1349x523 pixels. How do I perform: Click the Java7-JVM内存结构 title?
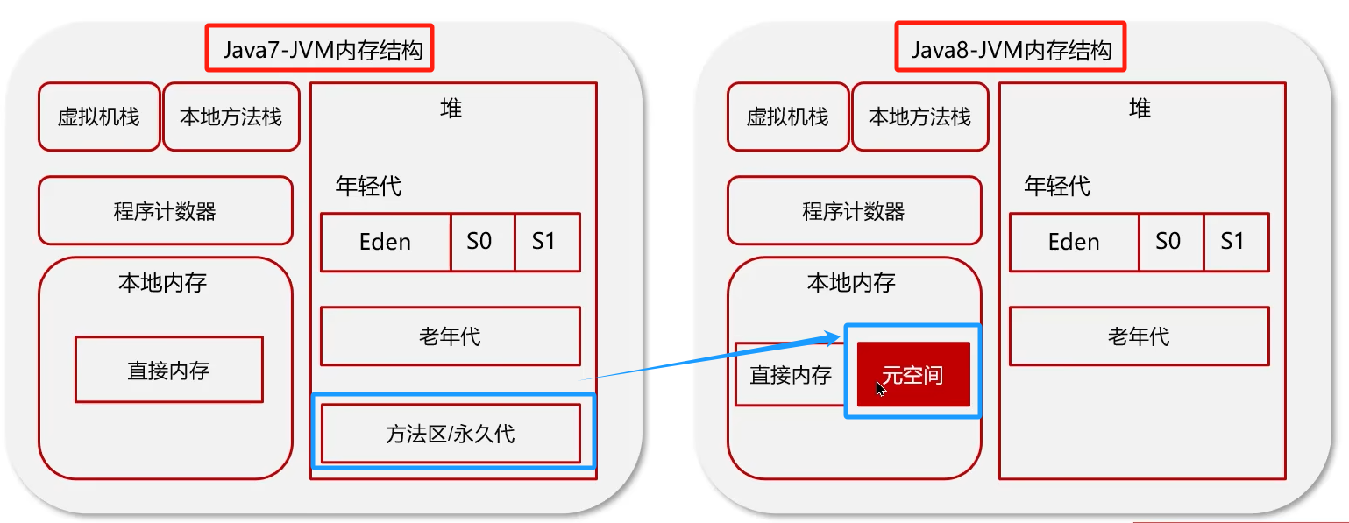click(x=321, y=49)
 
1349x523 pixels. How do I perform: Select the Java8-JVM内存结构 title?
click(x=1010, y=49)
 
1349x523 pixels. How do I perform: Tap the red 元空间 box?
click(x=913, y=375)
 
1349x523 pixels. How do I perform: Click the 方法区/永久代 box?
click(x=451, y=433)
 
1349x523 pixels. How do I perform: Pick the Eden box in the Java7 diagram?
click(x=386, y=242)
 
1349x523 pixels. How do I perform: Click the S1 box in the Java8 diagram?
click(x=1234, y=242)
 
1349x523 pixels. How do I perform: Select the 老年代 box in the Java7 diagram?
click(x=451, y=336)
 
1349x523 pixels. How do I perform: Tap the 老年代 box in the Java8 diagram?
click(x=1139, y=336)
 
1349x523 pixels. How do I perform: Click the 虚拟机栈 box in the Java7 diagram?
click(x=99, y=117)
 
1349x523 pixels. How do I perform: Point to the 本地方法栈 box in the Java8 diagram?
click(x=919, y=117)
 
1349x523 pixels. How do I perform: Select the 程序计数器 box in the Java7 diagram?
click(x=165, y=211)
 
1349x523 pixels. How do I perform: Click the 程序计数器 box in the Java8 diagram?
click(x=854, y=211)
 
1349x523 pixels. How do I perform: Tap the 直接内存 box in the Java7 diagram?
click(x=169, y=370)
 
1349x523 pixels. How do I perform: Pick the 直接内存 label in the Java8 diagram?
click(x=791, y=375)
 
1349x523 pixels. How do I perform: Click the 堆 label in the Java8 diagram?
click(x=1140, y=109)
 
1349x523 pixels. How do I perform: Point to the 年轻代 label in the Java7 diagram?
click(x=368, y=186)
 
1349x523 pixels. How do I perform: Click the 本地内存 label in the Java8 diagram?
click(x=851, y=282)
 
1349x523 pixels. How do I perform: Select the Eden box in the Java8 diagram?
click(x=1074, y=242)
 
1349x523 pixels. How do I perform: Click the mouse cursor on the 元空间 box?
click(x=881, y=388)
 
